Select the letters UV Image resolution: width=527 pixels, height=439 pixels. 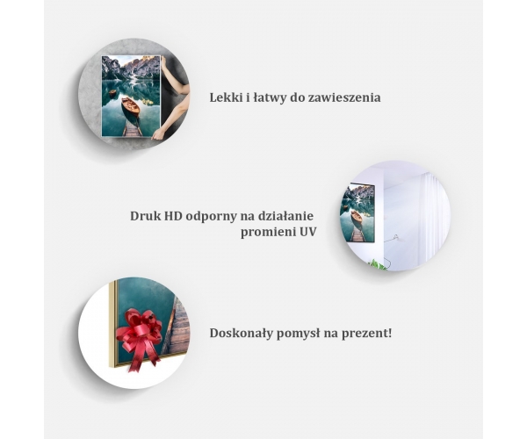point(308,232)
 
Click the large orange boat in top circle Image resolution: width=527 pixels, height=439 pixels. point(131,106)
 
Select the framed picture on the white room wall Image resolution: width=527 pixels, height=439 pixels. point(357,212)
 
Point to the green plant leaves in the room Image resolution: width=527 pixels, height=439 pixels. point(377,265)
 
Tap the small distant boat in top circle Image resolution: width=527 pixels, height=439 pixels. point(112,92)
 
